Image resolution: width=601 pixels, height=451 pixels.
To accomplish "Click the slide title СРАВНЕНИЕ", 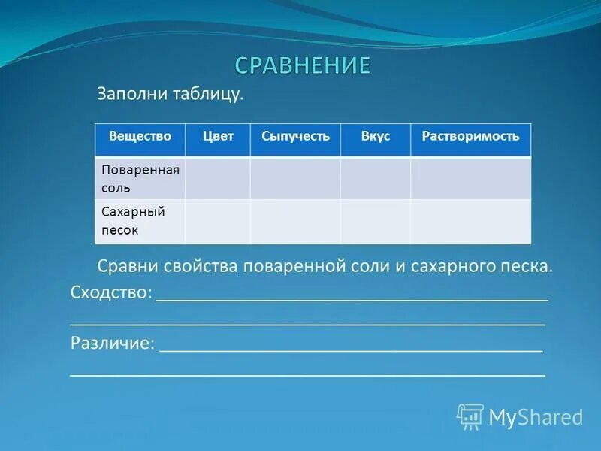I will (x=303, y=65).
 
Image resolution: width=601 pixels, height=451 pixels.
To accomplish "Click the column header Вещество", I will (x=140, y=136).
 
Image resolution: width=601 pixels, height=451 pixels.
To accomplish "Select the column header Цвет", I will (x=218, y=136).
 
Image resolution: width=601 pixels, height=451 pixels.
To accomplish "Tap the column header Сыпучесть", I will (x=295, y=136).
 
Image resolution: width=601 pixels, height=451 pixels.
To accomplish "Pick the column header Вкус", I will (x=376, y=136).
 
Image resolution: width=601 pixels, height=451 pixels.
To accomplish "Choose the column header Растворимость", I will (x=470, y=136).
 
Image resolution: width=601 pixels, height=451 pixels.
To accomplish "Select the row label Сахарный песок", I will (x=133, y=221).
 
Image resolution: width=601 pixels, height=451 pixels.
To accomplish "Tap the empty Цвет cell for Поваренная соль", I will (x=218, y=179).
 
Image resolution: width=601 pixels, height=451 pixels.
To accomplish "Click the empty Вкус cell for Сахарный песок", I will (x=376, y=222).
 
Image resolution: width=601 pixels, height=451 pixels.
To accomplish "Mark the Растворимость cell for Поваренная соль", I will (x=470, y=179).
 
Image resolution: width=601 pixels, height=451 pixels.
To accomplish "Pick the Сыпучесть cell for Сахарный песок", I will (x=295, y=222).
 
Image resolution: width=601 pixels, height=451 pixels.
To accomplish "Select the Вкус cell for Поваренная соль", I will (x=376, y=179).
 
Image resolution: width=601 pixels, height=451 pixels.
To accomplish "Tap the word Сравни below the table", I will (x=127, y=266).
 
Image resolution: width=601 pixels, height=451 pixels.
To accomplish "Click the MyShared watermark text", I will (x=536, y=417).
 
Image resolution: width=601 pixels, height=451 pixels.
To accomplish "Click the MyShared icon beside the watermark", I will (x=470, y=416).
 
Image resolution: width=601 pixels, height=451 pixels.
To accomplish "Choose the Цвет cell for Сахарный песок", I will (x=218, y=222).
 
